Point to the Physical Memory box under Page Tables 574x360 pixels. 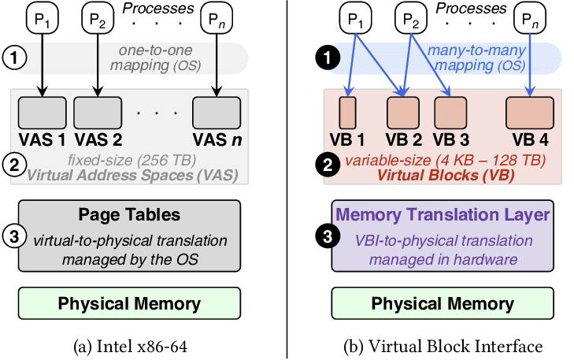click(x=131, y=303)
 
